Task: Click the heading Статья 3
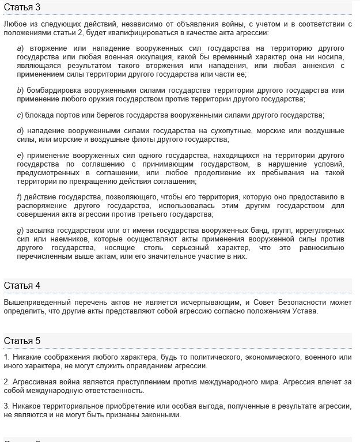pyautogui.click(x=22, y=7)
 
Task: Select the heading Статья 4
pyautogui.click(x=22, y=286)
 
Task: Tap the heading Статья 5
pyautogui.click(x=22, y=341)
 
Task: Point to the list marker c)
pyautogui.click(x=20, y=115)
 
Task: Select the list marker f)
pyautogui.click(x=20, y=197)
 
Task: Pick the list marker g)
pyautogui.click(x=20, y=231)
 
